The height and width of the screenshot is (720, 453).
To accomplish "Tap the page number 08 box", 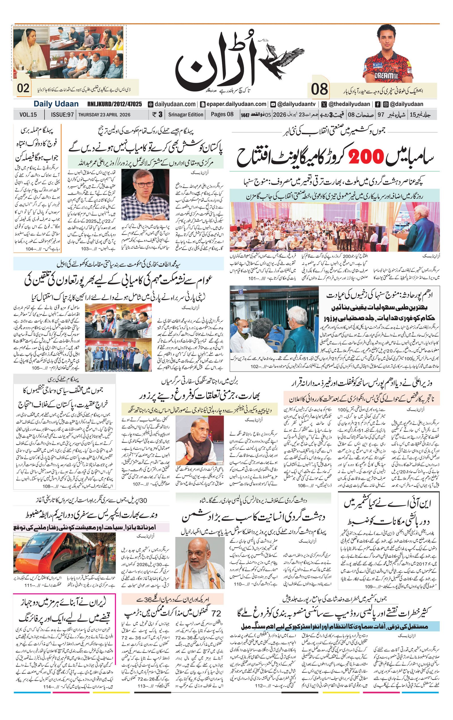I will pyautogui.click(x=319, y=89).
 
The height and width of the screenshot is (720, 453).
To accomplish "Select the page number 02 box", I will pyautogui.click(x=23, y=88).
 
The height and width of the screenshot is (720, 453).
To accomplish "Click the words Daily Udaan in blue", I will pyautogui.click(x=56, y=104).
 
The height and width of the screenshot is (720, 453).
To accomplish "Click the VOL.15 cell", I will pyautogui.click(x=28, y=114).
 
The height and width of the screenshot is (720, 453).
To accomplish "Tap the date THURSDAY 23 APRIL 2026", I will pyautogui.click(x=104, y=114).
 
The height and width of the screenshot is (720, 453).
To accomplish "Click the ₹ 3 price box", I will pyautogui.click(x=157, y=114).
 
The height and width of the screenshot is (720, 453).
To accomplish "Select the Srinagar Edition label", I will pyautogui.click(x=185, y=114).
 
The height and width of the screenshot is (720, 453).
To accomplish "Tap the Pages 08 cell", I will pyautogui.click(x=222, y=114).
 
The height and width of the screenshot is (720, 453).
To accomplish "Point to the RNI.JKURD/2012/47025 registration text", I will pyautogui.click(x=114, y=104).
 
